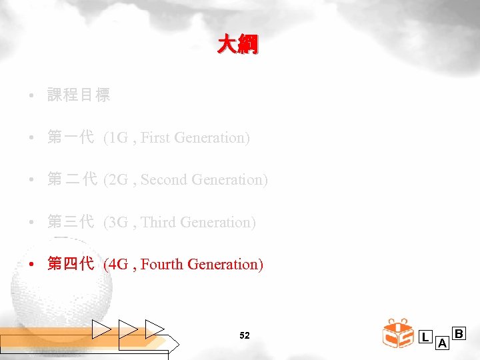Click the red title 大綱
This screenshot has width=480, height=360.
click(x=238, y=45)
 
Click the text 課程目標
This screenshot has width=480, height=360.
click(x=79, y=95)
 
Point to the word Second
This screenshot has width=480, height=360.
click(x=164, y=180)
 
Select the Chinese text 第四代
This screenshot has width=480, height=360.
click(x=70, y=265)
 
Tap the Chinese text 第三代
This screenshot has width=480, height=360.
click(x=70, y=223)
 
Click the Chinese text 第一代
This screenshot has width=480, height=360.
click(x=70, y=138)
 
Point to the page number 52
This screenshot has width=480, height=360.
click(x=244, y=335)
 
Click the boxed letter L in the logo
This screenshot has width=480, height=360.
click(x=425, y=337)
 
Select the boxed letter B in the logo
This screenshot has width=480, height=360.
click(x=459, y=333)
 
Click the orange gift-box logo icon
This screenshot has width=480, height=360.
click(x=399, y=333)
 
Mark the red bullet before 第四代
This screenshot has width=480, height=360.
click(x=32, y=265)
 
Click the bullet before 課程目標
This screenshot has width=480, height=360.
click(x=32, y=95)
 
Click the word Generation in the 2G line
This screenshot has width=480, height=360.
click(x=229, y=180)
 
